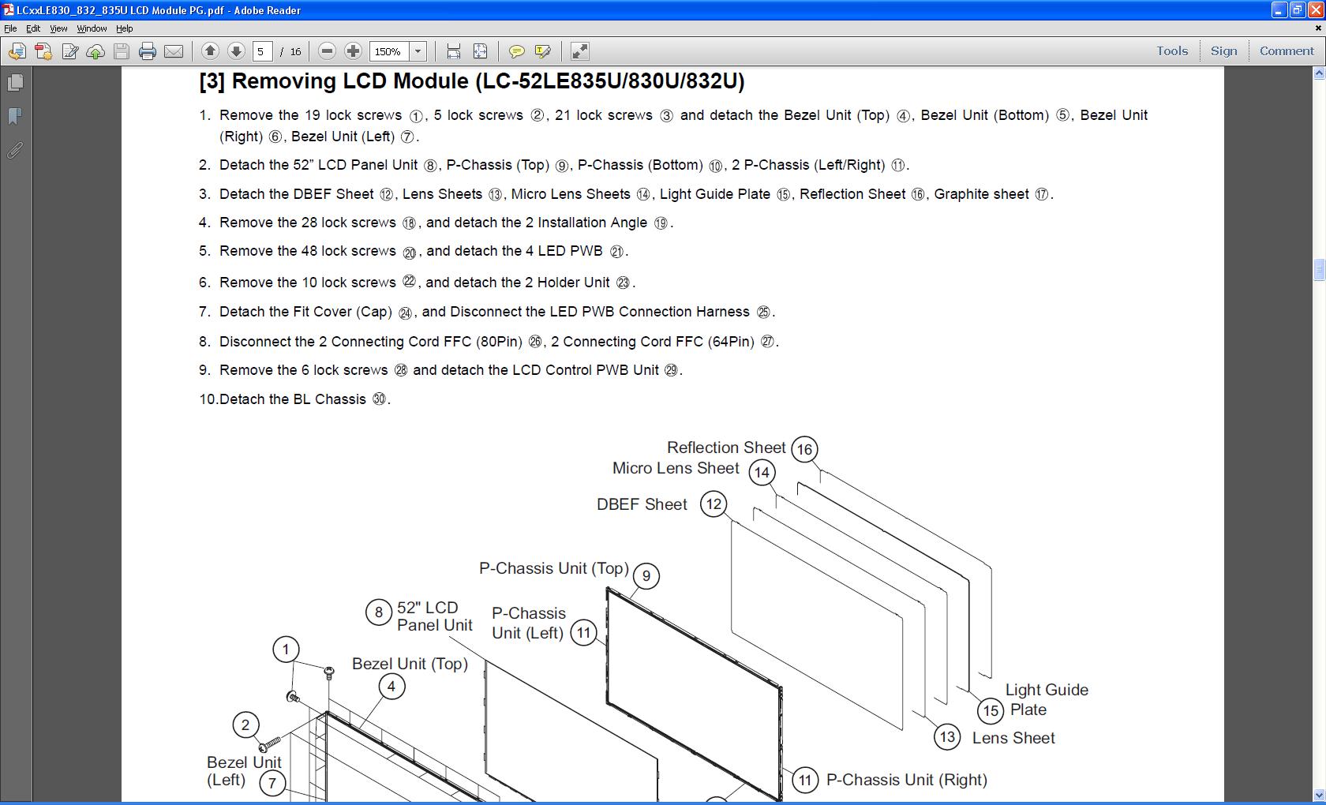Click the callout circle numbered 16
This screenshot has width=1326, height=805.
804,449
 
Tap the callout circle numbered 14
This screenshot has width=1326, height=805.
762,473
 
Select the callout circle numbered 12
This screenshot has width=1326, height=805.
714,504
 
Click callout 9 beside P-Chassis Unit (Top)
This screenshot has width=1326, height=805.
646,576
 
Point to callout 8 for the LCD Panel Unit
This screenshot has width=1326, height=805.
379,612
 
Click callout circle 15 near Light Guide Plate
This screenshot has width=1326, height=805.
991,710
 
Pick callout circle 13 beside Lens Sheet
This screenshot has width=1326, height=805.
947,737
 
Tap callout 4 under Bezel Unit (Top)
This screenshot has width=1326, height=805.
391,687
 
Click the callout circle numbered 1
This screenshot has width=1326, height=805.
286,650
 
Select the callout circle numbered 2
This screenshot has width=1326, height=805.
245,725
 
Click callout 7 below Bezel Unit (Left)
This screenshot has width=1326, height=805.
272,783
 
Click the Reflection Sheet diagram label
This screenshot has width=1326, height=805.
726,447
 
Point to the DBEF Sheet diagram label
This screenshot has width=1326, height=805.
642,504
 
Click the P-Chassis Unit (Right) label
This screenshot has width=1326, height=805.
906,780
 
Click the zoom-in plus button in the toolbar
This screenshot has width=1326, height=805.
353,51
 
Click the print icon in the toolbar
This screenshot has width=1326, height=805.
148,51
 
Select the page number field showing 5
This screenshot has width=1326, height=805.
262,51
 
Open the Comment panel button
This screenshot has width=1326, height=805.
1287,51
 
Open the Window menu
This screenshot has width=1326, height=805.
92,28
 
